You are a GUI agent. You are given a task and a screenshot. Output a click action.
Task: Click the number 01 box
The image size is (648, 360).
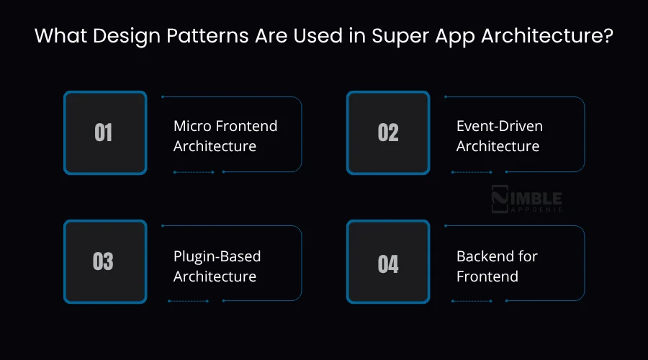click(x=104, y=133)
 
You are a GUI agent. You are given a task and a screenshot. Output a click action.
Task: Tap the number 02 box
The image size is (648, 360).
click(x=388, y=133)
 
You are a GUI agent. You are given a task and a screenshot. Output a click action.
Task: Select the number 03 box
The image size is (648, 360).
click(x=104, y=262)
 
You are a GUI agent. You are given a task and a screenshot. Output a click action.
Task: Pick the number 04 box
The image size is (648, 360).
click(x=388, y=262)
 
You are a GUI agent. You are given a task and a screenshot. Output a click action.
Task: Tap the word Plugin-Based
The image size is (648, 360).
click(x=217, y=256)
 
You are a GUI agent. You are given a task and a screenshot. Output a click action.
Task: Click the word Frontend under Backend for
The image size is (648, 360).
click(x=487, y=276)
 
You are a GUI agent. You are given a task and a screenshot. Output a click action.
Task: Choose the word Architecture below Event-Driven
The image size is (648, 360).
click(x=498, y=146)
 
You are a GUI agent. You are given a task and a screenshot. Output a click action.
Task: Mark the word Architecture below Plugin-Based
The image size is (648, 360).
click(x=215, y=276)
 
